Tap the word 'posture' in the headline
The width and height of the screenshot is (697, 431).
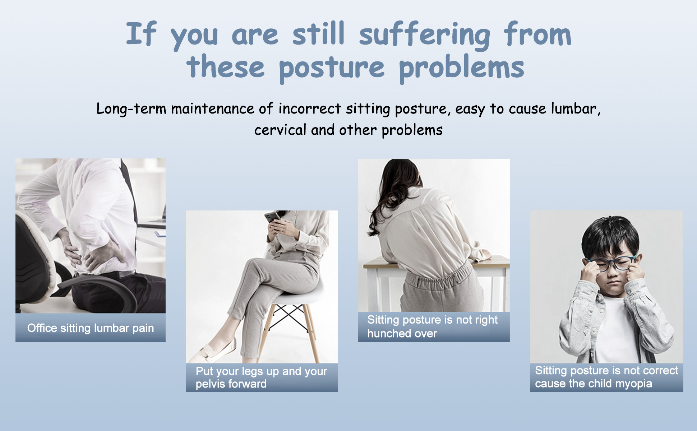332,68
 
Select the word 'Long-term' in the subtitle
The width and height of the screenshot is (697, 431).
131,109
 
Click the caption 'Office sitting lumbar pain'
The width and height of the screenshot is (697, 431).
91,328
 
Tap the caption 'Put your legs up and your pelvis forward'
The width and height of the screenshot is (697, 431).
262,377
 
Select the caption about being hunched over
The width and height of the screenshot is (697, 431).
433,326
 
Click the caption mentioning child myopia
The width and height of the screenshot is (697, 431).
606,377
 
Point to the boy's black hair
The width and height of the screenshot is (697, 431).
610,237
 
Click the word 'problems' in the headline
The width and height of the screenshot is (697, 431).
461,68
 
